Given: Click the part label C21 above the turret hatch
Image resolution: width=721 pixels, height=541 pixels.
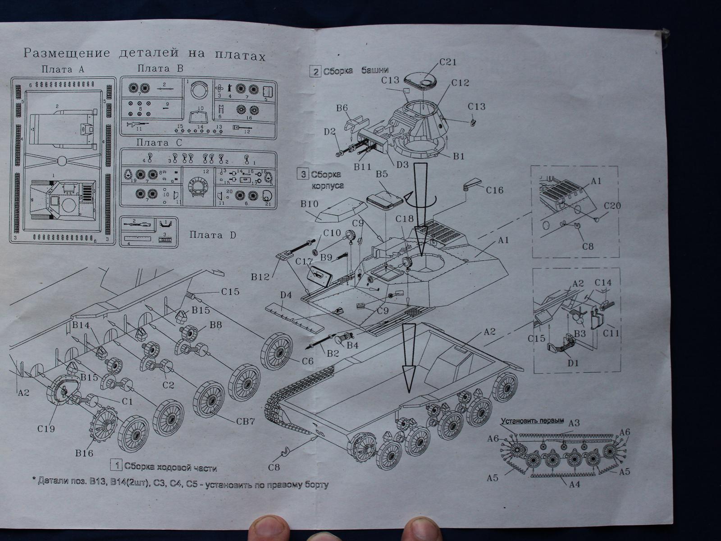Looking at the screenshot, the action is [448, 63].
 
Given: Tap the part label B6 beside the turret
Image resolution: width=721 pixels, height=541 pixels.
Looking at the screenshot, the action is [342, 108].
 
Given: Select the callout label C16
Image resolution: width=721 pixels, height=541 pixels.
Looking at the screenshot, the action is [495, 190].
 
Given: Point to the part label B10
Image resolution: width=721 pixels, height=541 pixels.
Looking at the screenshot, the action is [310, 204].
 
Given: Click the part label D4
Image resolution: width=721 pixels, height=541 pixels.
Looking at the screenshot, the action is [286, 296].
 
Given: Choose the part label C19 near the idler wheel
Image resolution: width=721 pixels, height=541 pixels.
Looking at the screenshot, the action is [46, 428].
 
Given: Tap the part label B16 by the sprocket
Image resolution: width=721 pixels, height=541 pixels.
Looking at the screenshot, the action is [84, 452].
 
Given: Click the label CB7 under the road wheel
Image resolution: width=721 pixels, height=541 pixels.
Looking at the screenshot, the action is [246, 422].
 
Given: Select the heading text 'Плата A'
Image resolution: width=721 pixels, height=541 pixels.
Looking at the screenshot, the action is [63, 69].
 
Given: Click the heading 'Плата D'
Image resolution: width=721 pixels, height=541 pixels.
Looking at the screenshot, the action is [212, 235].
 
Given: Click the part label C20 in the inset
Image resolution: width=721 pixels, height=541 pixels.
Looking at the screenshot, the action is [613, 206].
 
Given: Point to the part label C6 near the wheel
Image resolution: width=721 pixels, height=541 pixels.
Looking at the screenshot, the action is [307, 361].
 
